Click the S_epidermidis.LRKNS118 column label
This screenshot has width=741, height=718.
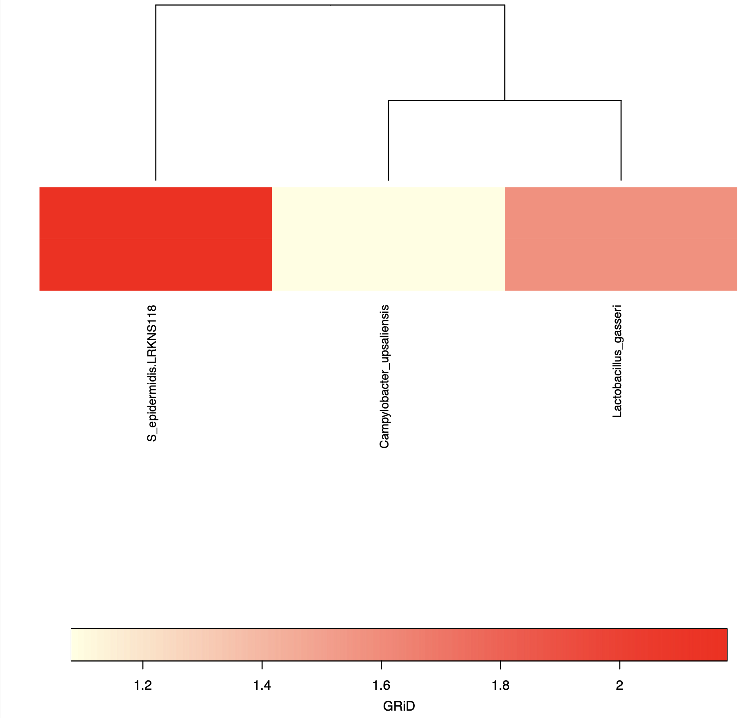pos(152,373)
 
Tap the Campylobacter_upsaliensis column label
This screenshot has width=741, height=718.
pos(384,377)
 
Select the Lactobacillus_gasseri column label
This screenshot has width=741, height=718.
pos(617,361)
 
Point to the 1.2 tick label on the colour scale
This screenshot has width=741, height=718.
pos(143,685)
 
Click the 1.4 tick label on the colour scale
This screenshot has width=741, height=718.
pos(262,685)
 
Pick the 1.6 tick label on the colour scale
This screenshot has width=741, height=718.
pos(381,685)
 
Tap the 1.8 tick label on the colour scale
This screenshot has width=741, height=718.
pos(500,685)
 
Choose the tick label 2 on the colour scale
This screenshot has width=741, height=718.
pos(619,685)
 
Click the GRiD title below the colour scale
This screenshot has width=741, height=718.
pos(399,706)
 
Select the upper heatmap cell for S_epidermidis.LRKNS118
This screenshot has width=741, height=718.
pos(156,213)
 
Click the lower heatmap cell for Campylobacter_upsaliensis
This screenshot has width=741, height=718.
pos(388,264)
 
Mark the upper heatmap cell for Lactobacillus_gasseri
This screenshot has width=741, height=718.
pos(621,213)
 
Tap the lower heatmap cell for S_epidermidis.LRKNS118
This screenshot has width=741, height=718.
pos(156,264)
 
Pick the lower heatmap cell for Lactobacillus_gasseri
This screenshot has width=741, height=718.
pos(621,264)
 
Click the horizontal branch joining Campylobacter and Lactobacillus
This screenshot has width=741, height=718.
pos(504,100)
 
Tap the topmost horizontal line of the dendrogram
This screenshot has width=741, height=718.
pos(330,5)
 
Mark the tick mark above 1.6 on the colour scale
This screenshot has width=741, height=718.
pos(381,666)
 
